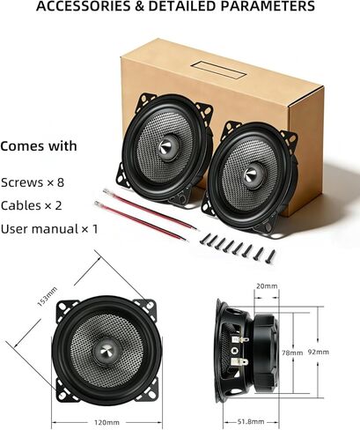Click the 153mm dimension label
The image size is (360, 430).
tap(48, 297)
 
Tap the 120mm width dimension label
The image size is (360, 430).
tap(107, 422)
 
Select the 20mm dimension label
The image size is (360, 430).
tap(267, 285)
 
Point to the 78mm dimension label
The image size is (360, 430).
tap(292, 352)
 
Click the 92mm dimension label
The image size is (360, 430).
tap(319, 352)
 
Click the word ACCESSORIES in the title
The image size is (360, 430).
tap(83, 6)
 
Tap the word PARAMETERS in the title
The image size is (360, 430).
tap(268, 6)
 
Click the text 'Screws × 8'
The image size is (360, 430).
tap(33, 182)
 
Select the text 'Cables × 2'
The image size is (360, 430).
tap(31, 205)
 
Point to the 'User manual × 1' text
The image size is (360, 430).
tap(49, 229)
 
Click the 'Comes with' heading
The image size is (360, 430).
tap(39, 146)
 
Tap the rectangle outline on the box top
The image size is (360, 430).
tap(217, 70)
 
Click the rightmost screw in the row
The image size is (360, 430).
tap(270, 256)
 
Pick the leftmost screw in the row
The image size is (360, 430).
tap(205, 239)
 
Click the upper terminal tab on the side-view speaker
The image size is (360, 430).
tap(239, 339)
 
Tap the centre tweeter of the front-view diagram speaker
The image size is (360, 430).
tap(107, 352)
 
